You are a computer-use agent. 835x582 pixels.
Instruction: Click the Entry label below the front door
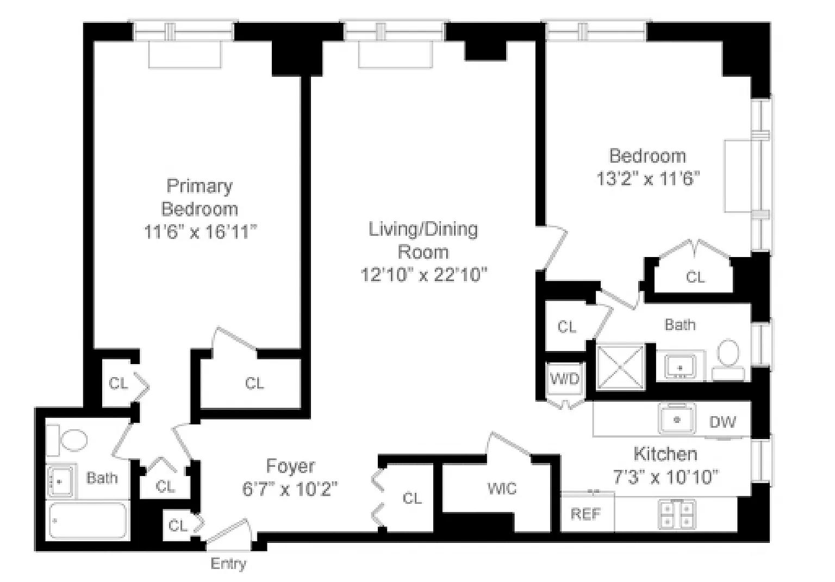click(x=228, y=564)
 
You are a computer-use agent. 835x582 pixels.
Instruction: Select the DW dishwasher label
click(x=722, y=422)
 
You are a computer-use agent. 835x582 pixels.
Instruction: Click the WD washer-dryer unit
click(x=565, y=379)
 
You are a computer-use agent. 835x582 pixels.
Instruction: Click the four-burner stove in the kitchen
click(x=677, y=514)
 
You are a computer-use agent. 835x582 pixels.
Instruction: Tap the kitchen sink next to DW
click(x=677, y=419)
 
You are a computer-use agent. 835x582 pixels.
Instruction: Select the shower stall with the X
click(x=620, y=367)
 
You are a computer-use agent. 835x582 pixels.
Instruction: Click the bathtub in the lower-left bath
click(x=88, y=521)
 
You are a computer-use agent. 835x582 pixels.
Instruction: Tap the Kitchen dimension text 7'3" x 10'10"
click(x=666, y=477)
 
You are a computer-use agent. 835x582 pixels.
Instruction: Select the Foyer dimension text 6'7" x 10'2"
click(x=290, y=489)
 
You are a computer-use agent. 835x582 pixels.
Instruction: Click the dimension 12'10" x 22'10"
click(x=424, y=275)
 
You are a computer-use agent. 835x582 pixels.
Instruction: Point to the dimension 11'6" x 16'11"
click(x=201, y=231)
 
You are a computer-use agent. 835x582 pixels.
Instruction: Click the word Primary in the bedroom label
click(x=200, y=186)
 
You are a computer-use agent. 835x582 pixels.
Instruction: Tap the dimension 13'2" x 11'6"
click(x=648, y=178)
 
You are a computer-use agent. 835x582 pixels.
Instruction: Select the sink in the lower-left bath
click(x=60, y=482)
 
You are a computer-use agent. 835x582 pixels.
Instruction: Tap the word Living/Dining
click(x=423, y=229)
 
